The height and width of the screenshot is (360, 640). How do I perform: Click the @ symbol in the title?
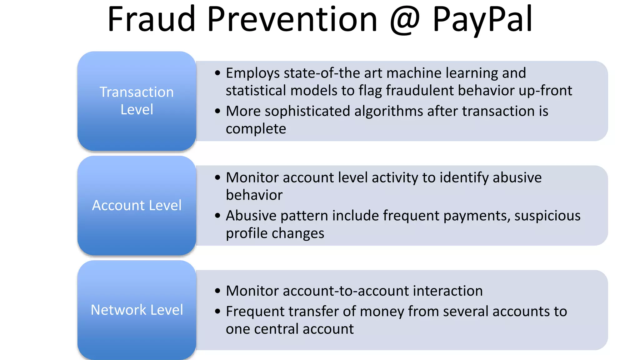[405, 20]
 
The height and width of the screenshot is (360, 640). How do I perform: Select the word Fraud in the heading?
[151, 19]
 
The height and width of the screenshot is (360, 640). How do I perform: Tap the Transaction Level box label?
[137, 101]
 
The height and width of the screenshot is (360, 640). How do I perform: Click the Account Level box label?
[137, 205]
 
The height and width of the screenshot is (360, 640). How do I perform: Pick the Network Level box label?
[137, 310]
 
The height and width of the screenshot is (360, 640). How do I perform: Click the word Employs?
[253, 73]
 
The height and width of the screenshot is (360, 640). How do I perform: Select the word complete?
[256, 129]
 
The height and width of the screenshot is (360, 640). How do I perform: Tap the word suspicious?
[547, 216]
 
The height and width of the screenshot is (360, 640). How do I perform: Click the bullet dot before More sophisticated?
[218, 111]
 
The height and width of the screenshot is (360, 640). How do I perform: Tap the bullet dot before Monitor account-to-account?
[218, 291]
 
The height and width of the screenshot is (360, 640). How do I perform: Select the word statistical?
[256, 91]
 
